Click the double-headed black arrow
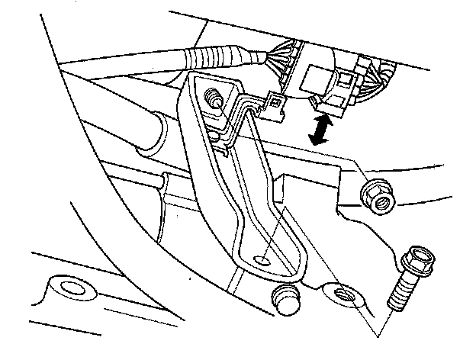click(321, 129)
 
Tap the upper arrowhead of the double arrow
click(326, 119)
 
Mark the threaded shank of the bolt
click(403, 293)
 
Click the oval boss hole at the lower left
click(73, 290)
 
